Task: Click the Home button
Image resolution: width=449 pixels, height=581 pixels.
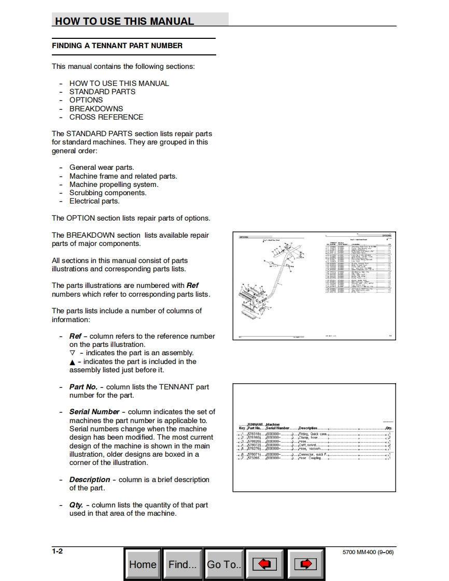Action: tap(143, 564)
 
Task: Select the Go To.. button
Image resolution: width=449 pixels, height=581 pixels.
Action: tap(224, 564)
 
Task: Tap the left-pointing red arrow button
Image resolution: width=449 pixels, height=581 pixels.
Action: tap(264, 564)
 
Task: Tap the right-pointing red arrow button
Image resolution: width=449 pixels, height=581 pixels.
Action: tap(305, 564)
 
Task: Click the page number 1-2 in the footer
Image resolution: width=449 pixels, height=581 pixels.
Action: tap(58, 551)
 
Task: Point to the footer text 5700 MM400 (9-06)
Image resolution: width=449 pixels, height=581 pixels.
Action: tap(368, 552)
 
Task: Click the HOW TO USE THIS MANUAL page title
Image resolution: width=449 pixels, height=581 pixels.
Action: tap(124, 21)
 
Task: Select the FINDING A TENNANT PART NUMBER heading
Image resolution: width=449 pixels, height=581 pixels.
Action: tap(117, 46)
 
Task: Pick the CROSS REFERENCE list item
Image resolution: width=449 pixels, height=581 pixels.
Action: tap(106, 117)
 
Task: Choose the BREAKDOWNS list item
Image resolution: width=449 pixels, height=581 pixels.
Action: tap(96, 109)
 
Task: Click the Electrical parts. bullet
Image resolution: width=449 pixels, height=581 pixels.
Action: tap(94, 201)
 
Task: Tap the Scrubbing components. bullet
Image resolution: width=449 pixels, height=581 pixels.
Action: tap(108, 193)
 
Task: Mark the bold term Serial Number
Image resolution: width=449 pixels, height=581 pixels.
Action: tap(94, 412)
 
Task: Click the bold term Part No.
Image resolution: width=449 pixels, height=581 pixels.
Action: tap(83, 387)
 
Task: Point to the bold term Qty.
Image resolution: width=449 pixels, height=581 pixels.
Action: tap(76, 505)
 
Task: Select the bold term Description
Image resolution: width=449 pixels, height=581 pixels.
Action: tap(90, 480)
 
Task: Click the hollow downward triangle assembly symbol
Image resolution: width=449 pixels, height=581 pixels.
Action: tap(72, 353)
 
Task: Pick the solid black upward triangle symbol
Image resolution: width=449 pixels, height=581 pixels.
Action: tap(72, 362)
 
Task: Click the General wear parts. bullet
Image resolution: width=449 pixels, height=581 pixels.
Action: tap(102, 167)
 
